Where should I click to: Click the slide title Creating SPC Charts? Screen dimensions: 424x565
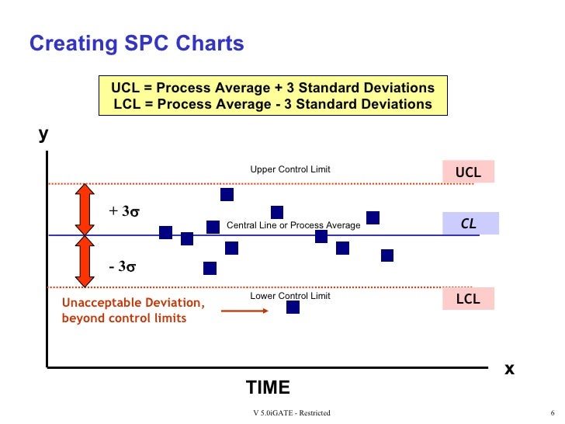tap(137, 43)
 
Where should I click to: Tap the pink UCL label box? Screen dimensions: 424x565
tap(468, 172)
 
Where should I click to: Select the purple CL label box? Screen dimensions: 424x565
tap(469, 224)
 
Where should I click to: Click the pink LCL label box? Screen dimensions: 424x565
tap(468, 298)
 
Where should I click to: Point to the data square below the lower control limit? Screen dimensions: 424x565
tap(293, 307)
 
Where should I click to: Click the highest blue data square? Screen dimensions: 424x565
tap(227, 194)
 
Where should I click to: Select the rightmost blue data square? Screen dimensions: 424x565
tap(387, 255)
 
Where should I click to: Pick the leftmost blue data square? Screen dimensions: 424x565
tap(165, 232)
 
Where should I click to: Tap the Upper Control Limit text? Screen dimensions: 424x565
tap(289, 169)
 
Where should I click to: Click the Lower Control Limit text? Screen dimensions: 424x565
tap(289, 296)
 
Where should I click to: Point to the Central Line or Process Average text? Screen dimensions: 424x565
tap(293, 225)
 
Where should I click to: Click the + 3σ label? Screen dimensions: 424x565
tap(124, 211)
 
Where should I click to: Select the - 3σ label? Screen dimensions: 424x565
tap(123, 266)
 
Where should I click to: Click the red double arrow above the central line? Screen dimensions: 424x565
tap(84, 209)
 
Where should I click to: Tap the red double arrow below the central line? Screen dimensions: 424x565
tap(84, 261)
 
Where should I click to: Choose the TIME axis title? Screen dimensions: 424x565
tap(268, 388)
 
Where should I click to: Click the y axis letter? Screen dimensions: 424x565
tap(43, 134)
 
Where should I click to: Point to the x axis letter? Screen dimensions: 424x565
tap(509, 368)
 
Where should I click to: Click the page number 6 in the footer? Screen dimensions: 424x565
tap(550, 413)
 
